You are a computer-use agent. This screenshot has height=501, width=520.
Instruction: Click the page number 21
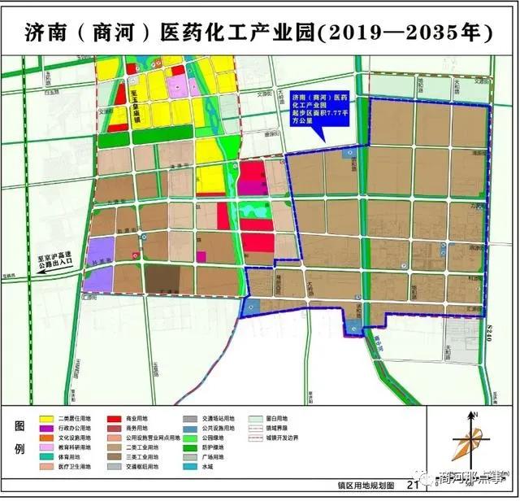pos(412,486)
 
